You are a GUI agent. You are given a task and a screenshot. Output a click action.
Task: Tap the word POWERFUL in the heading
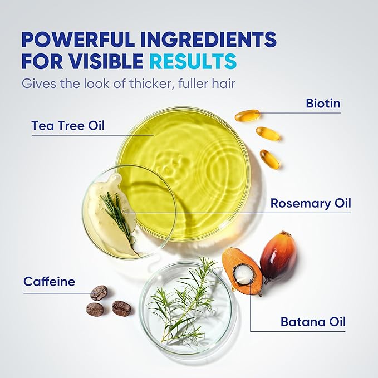coord(78,39)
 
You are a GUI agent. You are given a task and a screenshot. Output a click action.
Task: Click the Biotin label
coord(323,104)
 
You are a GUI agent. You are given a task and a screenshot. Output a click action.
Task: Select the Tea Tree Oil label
coord(68,126)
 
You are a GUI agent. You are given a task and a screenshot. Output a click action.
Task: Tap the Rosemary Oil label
coord(311,203)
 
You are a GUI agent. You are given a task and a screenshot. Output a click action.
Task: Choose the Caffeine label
coord(49,282)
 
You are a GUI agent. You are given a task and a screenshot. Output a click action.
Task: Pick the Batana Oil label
coord(313,322)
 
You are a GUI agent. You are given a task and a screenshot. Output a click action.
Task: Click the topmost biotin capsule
coord(247,115)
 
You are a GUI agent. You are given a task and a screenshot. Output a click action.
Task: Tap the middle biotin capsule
coord(268,134)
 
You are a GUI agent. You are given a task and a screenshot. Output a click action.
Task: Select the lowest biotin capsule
coord(270,159)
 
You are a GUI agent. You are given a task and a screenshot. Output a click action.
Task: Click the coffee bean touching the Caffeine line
coord(99,293)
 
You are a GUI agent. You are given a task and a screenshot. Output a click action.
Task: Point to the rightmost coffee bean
coord(121,308)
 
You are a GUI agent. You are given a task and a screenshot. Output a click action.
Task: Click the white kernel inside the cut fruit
coord(243,273)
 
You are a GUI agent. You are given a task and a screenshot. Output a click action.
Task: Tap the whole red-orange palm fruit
coord(278,257)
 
